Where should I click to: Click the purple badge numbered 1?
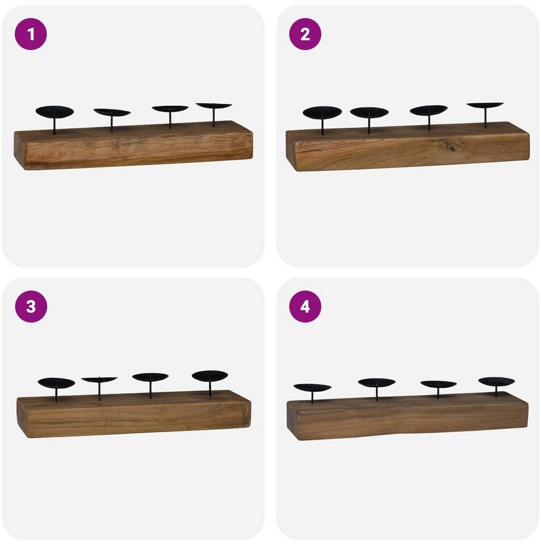[31, 34]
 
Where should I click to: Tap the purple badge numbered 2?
[305, 34]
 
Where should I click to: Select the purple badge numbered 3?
[31, 306]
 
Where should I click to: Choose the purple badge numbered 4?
[305, 306]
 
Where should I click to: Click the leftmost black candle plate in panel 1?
[55, 112]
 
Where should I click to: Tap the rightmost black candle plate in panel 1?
[214, 106]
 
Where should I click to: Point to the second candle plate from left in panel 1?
[112, 112]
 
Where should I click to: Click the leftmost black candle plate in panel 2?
[322, 112]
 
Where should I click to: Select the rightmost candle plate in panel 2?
[485, 104]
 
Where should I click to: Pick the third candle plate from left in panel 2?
[428, 110]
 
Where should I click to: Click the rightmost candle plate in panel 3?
[210, 375]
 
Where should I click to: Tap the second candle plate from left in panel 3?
[99, 380]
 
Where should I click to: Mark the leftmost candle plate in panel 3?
[56, 383]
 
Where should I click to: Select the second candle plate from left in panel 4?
[376, 383]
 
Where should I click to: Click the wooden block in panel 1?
[134, 145]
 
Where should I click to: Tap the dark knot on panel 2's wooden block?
[452, 147]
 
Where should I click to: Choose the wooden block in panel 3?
[134, 414]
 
